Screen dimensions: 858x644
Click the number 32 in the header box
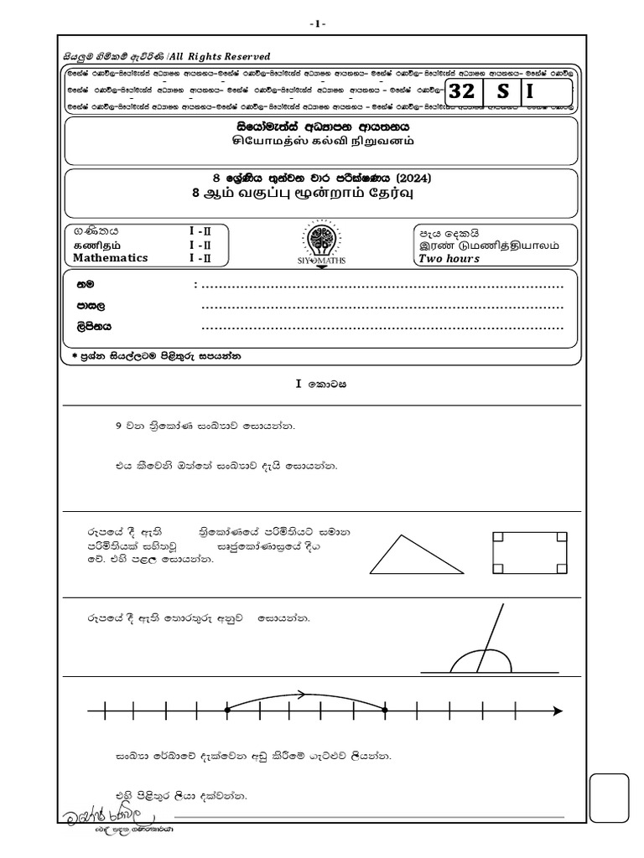point(461,93)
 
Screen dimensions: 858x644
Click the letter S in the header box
point(502,93)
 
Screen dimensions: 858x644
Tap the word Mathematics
point(111,258)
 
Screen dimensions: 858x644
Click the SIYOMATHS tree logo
point(322,241)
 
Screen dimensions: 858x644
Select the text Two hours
point(449,259)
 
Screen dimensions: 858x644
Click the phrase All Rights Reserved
point(220,56)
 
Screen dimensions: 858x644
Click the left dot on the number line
point(228,711)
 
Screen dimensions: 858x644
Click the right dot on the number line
point(385,711)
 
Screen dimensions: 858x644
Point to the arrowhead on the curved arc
point(299,693)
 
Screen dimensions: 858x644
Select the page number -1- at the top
point(320,23)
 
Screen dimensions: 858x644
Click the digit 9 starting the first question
point(117,426)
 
